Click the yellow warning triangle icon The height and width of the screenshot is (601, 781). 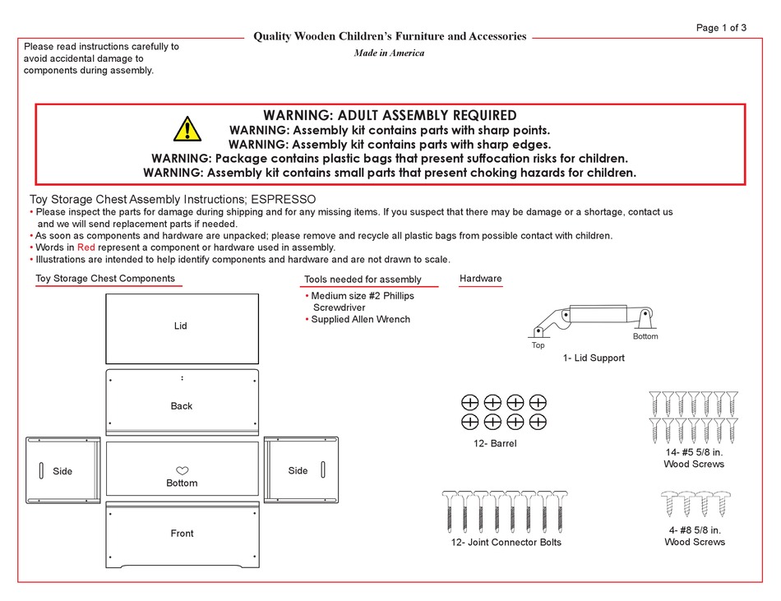pos(187,130)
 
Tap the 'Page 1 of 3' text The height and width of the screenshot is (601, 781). pos(721,27)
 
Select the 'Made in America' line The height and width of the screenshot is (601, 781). pos(389,53)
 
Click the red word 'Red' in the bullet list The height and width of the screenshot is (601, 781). pos(86,247)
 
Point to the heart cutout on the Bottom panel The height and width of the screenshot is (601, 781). pos(183,470)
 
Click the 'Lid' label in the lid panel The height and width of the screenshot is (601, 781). pos(180,326)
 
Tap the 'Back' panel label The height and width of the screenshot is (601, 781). pos(182,405)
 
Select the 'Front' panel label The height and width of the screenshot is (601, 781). pos(182,534)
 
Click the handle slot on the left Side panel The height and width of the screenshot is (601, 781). pos(41,470)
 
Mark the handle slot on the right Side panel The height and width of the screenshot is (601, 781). pos(323,469)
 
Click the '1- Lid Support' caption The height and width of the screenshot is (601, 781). pos(594,358)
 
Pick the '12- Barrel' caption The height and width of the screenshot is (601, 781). pos(491,444)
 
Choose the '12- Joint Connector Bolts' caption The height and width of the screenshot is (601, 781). pos(506,542)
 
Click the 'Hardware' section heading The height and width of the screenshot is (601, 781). pos(480,279)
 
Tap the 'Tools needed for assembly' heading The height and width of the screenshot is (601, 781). pos(363,280)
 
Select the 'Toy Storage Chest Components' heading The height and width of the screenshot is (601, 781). pos(105,278)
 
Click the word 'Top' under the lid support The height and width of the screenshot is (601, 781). pos(538,345)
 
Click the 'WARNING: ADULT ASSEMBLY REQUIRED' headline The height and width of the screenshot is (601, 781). pos(390,115)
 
